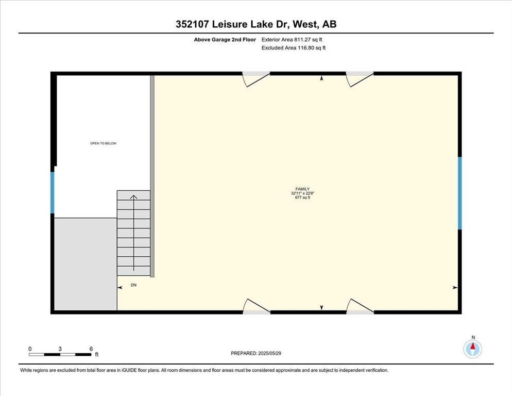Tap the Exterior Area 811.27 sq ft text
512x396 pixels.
coord(292,40)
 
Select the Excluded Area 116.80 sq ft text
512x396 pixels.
coord(294,48)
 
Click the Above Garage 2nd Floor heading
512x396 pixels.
coord(225,40)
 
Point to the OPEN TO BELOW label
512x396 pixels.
coord(103,143)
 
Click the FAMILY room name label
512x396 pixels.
coord(302,189)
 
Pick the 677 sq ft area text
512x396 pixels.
coord(302,197)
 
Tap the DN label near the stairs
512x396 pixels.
coord(133,285)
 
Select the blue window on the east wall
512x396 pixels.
coord(460,193)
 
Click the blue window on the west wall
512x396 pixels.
coord(52,193)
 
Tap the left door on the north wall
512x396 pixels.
coord(257,79)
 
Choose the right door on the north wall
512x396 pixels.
coord(360,79)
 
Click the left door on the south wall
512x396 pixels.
coord(257,306)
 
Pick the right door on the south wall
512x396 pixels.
coord(360,306)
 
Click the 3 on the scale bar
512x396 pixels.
coord(60,349)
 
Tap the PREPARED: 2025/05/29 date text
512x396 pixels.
coord(256,353)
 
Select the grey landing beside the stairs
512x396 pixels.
coord(86,264)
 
